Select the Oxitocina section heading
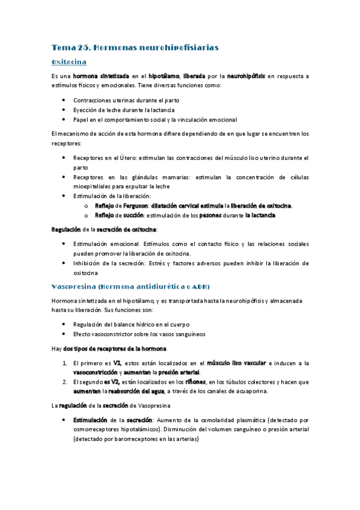70,62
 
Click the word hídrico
150,324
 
